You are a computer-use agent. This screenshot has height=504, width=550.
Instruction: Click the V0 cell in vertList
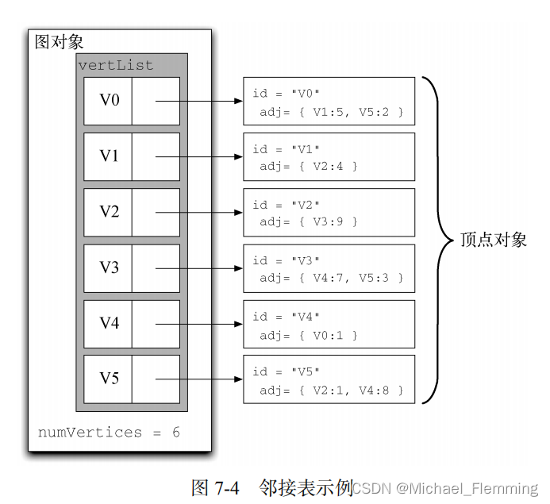click(109, 101)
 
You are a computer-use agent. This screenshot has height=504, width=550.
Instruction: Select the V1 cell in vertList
click(109, 156)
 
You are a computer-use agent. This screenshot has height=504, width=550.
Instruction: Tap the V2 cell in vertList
click(109, 212)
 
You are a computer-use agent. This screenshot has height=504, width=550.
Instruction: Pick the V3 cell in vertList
click(109, 267)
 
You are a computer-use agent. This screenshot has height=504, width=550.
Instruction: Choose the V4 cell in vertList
click(109, 323)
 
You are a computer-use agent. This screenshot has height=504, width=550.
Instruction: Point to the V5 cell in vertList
click(109, 379)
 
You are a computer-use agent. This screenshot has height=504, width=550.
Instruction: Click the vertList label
click(116, 65)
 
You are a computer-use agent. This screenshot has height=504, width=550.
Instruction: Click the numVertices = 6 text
click(109, 433)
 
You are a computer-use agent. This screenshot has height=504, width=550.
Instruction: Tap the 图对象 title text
click(59, 42)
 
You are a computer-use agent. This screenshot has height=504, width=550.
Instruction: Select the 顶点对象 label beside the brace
click(494, 240)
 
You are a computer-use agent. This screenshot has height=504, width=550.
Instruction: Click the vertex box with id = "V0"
click(329, 102)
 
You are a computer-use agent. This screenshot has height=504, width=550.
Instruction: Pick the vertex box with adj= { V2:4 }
click(329, 157)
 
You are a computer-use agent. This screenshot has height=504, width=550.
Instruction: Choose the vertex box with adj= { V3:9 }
click(329, 213)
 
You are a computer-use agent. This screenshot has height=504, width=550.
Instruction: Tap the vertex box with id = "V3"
click(329, 268)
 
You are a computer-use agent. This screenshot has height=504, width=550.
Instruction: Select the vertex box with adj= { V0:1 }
click(329, 324)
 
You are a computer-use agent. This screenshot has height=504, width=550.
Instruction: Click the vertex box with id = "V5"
click(329, 379)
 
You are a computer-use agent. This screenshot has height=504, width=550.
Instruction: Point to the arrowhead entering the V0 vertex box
click(238, 102)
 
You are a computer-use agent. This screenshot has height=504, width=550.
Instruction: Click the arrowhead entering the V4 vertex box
click(238, 324)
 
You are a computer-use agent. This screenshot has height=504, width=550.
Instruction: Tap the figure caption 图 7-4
click(215, 487)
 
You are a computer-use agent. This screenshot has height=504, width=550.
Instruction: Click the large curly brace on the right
click(437, 240)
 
